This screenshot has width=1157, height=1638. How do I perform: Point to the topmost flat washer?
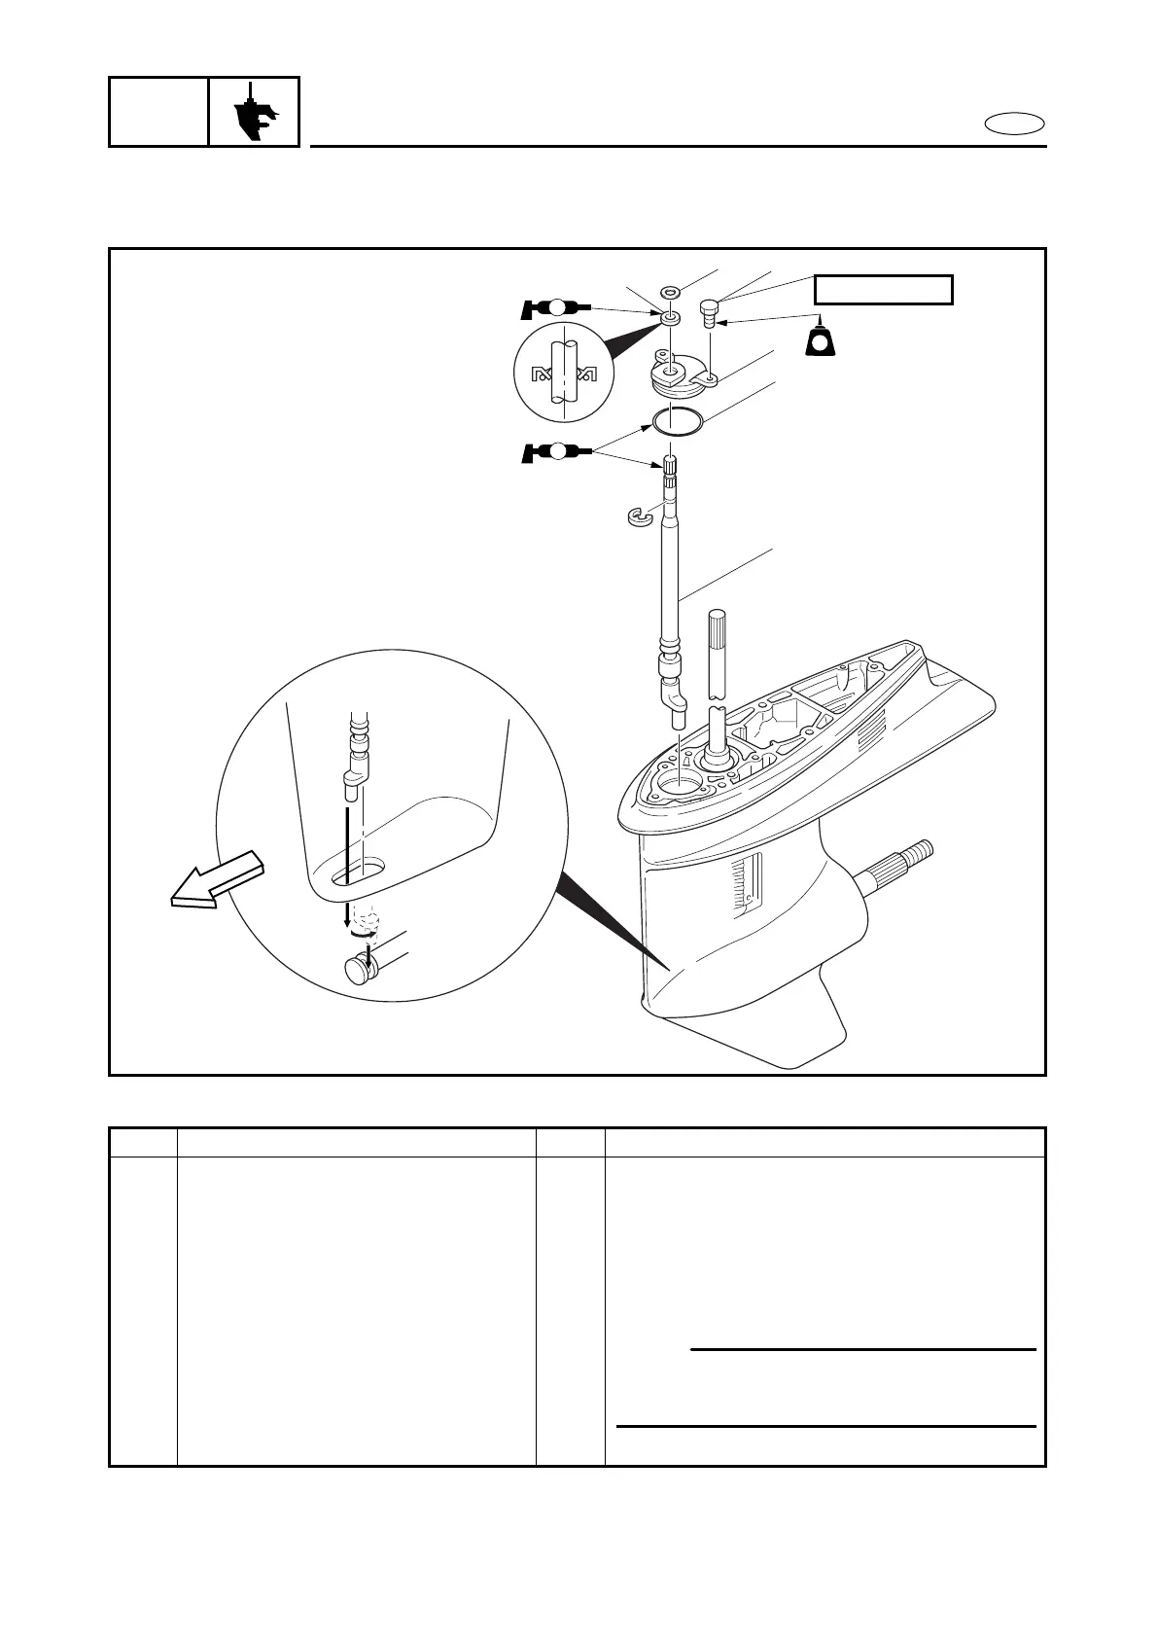coord(669,291)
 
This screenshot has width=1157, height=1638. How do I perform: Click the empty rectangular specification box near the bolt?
coord(883,290)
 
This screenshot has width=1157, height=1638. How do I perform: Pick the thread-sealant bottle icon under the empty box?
coord(822,340)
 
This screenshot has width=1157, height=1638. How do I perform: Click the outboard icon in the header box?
coord(255,113)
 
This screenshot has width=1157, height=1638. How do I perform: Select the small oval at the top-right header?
coord(1015,124)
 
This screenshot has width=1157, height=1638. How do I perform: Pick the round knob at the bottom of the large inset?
coord(360,971)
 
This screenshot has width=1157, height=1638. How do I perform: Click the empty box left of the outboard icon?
coord(158,112)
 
